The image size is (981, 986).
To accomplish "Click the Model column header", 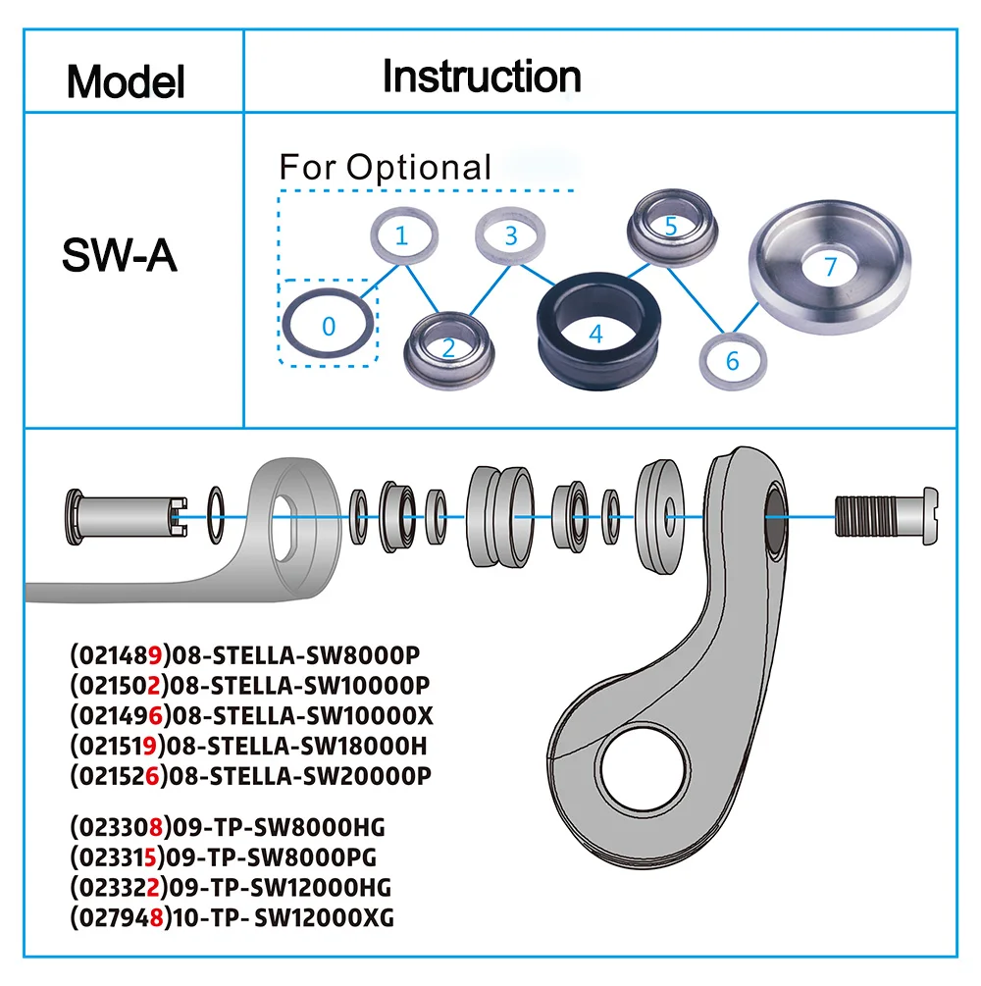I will point(126,81).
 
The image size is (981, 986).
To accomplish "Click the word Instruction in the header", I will point(482,76).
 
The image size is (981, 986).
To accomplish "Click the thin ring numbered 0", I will point(329,325).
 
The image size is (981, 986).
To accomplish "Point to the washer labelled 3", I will point(510,236).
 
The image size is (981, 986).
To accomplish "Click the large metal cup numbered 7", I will point(830,267).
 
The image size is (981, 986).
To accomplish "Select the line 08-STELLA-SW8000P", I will point(251,654).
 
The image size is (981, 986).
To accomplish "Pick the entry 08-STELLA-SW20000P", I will point(251,775).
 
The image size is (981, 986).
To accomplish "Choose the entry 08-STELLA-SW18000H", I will point(250,745).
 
